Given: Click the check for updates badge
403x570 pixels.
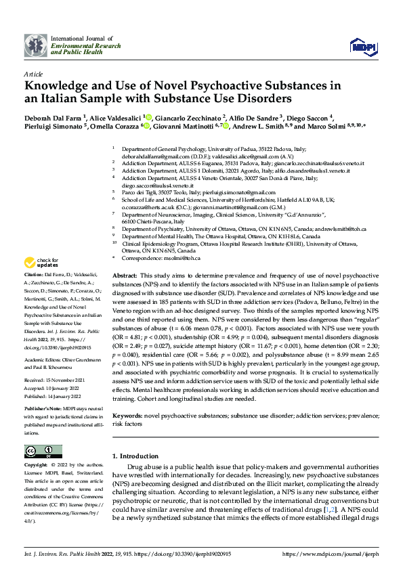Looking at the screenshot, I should (42, 263).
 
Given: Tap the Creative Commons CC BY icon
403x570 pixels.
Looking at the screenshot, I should (39, 451).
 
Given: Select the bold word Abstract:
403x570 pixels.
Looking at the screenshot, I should (124, 277).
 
